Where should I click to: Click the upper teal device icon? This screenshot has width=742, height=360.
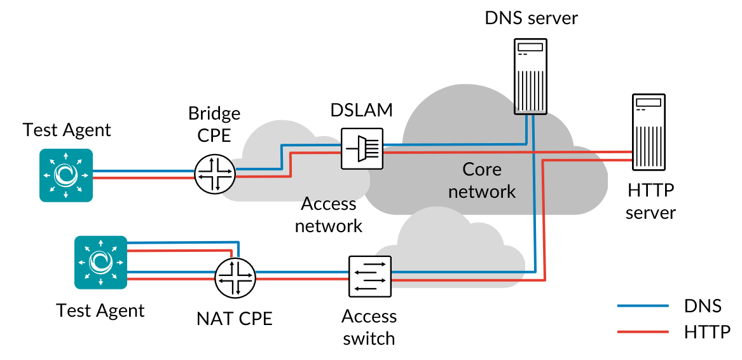pos(66,175)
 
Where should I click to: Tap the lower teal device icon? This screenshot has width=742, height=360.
pos(100,262)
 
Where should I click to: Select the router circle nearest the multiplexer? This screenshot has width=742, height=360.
pos(215,173)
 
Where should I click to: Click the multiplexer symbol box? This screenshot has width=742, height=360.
pos(362,148)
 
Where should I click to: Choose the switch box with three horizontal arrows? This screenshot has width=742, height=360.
pos(370,277)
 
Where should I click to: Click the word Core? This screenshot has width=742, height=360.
pos(481,170)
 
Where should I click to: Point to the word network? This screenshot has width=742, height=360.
pos(481,191)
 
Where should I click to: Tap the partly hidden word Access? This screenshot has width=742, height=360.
pos(327,202)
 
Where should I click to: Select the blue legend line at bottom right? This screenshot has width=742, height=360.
pos(643,305)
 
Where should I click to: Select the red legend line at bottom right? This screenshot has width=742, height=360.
pos(643,331)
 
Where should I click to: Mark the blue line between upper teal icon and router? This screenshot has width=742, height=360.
pos(143,170)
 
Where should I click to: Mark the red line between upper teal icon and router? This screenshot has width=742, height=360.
pos(143,177)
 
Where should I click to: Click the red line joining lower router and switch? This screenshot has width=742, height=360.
pos(302,279)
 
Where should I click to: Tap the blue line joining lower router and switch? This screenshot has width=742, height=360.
pos(302,272)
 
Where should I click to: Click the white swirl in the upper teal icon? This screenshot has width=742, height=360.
pos(66,175)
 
